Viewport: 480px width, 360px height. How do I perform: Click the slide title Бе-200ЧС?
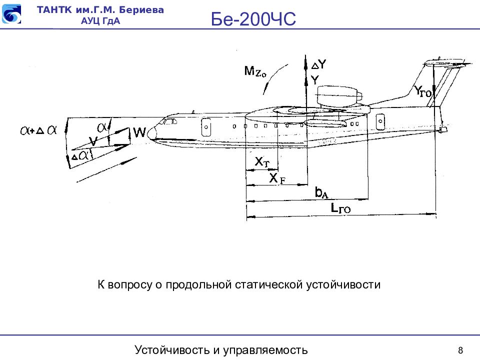[x=253, y=19]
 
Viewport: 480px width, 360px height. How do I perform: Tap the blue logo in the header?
[x=11, y=14]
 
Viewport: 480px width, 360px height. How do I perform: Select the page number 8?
[x=460, y=349]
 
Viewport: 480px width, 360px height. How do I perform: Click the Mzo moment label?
[x=255, y=71]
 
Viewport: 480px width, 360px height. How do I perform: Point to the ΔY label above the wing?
[x=318, y=64]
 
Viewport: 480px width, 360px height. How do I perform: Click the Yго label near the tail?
[x=423, y=90]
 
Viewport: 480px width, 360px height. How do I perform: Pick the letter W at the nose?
[x=139, y=132]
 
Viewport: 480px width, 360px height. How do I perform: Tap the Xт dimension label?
[x=262, y=161]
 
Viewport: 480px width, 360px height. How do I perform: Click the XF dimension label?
[x=276, y=178]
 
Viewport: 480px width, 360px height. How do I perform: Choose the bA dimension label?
[x=321, y=192]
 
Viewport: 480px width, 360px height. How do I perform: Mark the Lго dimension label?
[x=341, y=209]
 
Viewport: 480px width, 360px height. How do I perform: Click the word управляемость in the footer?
[x=265, y=349]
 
